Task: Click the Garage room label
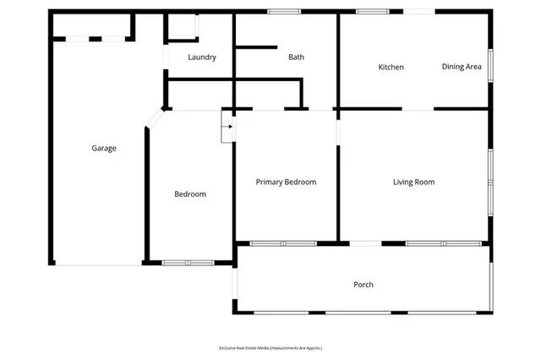104,148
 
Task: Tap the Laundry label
202,57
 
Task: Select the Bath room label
296,57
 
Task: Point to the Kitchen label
391,67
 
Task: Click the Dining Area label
462,67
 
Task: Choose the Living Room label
413,182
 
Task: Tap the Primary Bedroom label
286,182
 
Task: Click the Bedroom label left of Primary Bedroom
190,194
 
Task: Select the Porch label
363,284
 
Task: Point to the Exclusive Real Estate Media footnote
270,347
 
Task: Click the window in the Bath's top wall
284,11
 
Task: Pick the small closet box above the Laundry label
181,26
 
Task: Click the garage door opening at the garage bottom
100,264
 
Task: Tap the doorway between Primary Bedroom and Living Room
338,134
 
